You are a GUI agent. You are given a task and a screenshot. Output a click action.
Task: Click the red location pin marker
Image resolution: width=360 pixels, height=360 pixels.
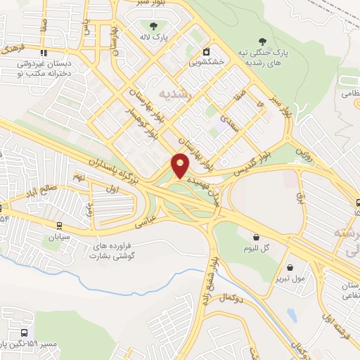click(x=181, y=165)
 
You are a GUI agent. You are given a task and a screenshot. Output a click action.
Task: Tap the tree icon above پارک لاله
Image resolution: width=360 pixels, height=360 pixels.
click(x=152, y=26)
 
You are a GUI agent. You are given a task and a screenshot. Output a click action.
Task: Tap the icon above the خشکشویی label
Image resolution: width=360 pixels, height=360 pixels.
click(x=207, y=51)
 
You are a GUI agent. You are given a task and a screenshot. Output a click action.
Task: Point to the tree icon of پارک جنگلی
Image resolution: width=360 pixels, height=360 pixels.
click(x=262, y=41)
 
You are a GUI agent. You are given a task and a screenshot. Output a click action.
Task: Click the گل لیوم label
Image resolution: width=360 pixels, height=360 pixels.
click(x=255, y=248)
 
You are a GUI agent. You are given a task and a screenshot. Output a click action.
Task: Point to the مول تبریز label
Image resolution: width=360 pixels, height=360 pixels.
click(x=290, y=278)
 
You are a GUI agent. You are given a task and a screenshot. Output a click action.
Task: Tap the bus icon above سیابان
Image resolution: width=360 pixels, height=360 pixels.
click(x=60, y=226)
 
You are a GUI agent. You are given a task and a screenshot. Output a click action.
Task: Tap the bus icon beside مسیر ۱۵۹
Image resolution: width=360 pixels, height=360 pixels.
click(x=26, y=333)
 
